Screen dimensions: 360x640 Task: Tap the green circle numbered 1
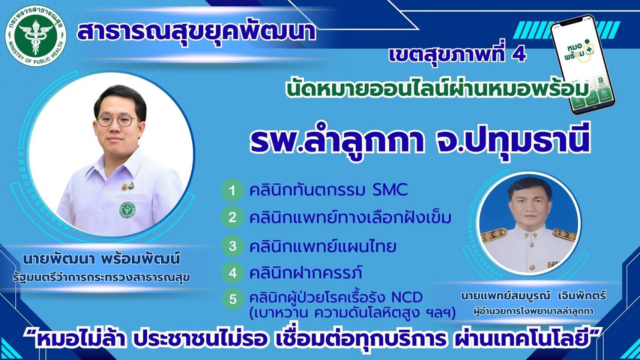coord(232,190)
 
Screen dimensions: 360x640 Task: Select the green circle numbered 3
coord(233,246)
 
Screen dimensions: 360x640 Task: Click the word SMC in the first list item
coord(390,190)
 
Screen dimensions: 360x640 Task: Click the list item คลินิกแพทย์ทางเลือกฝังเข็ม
coord(350,217)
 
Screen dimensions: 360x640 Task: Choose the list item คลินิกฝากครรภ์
coord(305,273)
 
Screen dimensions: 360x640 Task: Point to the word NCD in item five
coord(407,297)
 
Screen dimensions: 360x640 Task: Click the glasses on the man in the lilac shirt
coord(117,121)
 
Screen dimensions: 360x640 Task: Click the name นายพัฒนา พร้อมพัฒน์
coord(101,259)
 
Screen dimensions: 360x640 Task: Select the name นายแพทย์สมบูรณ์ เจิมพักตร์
coord(533,296)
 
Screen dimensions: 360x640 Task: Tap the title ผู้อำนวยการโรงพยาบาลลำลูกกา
coord(533,311)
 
